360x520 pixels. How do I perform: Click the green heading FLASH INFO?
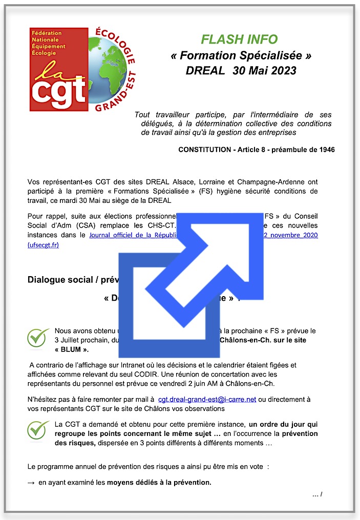tap(239, 39)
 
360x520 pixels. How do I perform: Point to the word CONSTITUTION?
tap(204, 150)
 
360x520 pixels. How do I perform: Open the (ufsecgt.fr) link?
tap(43, 245)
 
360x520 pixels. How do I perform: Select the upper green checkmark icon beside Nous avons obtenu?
tap(38, 338)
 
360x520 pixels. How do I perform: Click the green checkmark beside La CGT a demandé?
tap(38, 431)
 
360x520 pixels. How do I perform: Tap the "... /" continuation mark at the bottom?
tap(317, 494)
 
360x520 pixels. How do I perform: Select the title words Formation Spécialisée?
tap(241, 55)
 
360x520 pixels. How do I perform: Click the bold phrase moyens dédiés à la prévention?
tap(159, 483)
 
